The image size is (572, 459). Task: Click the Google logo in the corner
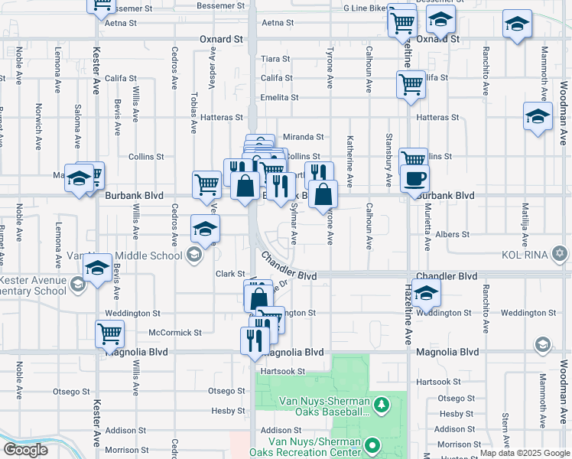tap(25, 450)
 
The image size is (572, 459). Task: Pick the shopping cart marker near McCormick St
tap(110, 335)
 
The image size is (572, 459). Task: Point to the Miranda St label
tap(304, 136)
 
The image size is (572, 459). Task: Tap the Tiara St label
tap(276, 58)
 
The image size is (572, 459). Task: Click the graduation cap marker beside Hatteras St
tap(538, 118)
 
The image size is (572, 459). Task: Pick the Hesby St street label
tap(228, 411)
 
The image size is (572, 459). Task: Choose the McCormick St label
tap(174, 333)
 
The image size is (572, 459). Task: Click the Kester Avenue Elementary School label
tap(33, 285)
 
